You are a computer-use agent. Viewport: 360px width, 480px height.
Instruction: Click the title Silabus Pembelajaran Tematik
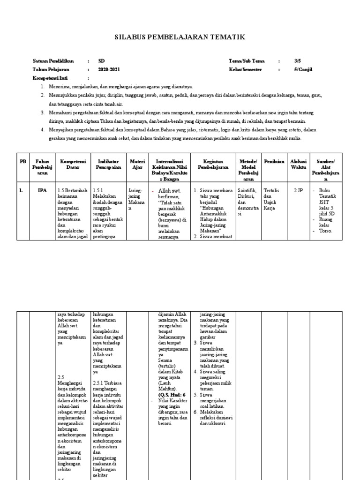click(x=180, y=37)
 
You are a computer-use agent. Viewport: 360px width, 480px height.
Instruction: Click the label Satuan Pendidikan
click(x=53, y=61)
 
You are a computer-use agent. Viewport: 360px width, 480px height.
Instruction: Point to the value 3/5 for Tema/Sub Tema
click(x=298, y=61)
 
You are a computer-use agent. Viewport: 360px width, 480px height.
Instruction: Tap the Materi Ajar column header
click(x=136, y=164)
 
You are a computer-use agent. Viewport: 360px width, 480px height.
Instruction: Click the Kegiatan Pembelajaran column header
click(x=212, y=164)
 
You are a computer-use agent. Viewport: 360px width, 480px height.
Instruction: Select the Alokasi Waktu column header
click(x=298, y=164)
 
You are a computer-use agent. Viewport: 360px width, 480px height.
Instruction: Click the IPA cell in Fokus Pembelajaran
click(x=41, y=191)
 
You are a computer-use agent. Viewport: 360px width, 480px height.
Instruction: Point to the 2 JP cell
click(x=298, y=191)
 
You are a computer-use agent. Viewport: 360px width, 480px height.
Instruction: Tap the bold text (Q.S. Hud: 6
click(x=172, y=395)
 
